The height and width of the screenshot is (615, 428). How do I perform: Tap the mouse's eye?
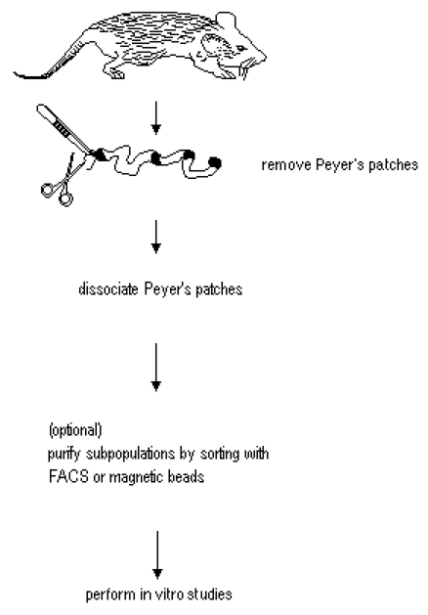[241, 48]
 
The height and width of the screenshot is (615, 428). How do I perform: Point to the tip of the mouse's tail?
[15, 72]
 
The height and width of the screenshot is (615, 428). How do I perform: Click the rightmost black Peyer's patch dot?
[215, 162]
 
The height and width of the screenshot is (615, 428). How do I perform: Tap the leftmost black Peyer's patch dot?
[101, 154]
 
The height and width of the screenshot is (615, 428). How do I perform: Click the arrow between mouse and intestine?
[156, 117]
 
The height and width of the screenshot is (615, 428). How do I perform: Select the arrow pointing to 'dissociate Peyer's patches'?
[156, 237]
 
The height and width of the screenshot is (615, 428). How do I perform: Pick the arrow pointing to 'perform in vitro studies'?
[157, 555]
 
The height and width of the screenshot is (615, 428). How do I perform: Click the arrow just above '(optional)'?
[156, 367]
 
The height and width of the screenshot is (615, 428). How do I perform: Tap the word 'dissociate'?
[108, 289]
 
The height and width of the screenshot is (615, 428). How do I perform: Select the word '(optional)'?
[75, 430]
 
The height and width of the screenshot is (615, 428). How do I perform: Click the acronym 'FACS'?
[68, 476]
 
